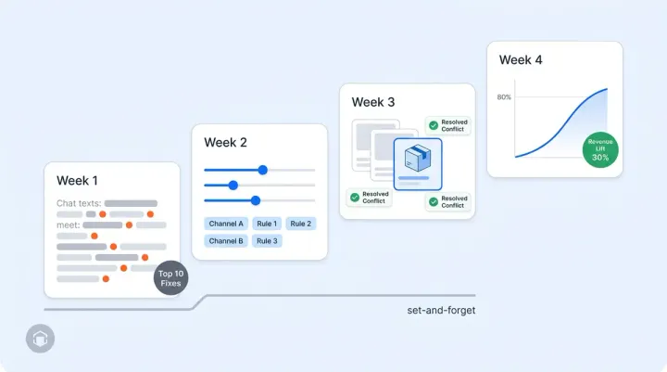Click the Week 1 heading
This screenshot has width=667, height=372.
point(77,181)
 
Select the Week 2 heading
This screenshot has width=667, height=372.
point(226,143)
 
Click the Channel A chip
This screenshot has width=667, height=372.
point(226,224)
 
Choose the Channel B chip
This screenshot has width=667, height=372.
point(226,241)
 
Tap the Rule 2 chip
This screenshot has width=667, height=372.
point(300,224)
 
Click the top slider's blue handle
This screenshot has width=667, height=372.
point(263,170)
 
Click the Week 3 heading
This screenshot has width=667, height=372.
point(373,101)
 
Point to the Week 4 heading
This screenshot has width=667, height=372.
point(521,59)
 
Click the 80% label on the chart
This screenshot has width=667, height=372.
point(504,97)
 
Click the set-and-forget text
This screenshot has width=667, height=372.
point(442,310)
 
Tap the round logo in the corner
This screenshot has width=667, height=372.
point(41,339)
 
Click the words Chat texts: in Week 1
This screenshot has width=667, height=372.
point(79,202)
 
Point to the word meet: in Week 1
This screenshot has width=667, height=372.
point(68,224)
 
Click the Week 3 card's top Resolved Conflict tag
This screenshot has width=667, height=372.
point(448,125)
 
